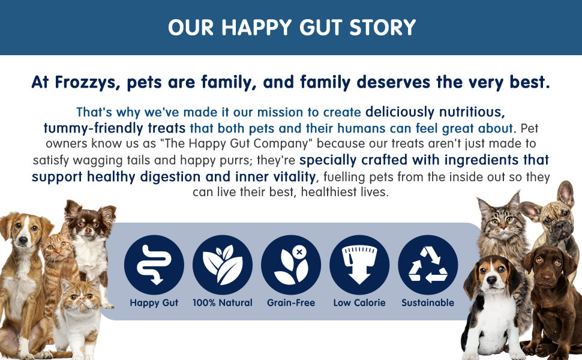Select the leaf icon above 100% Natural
(x=223, y=265)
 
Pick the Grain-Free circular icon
(x=291, y=265)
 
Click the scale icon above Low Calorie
(x=359, y=265)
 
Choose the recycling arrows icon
(x=428, y=265)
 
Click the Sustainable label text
(x=428, y=303)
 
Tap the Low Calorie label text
(x=359, y=303)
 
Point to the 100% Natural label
(x=223, y=303)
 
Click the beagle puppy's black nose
(x=491, y=280)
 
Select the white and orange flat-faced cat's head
(x=79, y=295)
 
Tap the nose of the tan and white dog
(x=23, y=241)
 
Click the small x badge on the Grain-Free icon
(x=299, y=252)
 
